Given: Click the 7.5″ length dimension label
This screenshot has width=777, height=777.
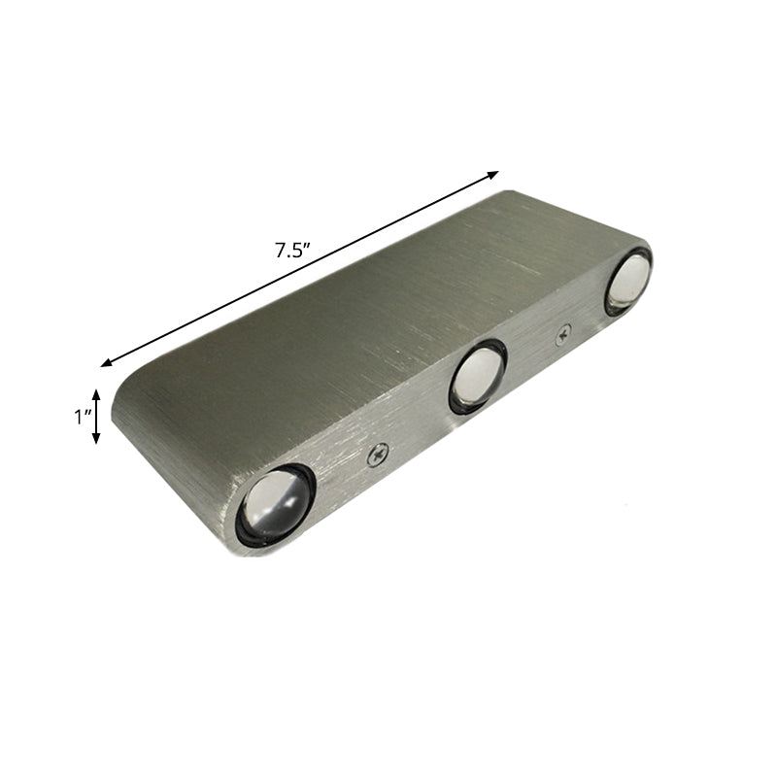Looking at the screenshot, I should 291,250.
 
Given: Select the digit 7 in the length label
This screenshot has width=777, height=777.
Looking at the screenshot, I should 279,250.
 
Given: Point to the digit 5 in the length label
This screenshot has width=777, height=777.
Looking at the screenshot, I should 295,250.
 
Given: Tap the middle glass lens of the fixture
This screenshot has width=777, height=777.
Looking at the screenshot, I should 478,375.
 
